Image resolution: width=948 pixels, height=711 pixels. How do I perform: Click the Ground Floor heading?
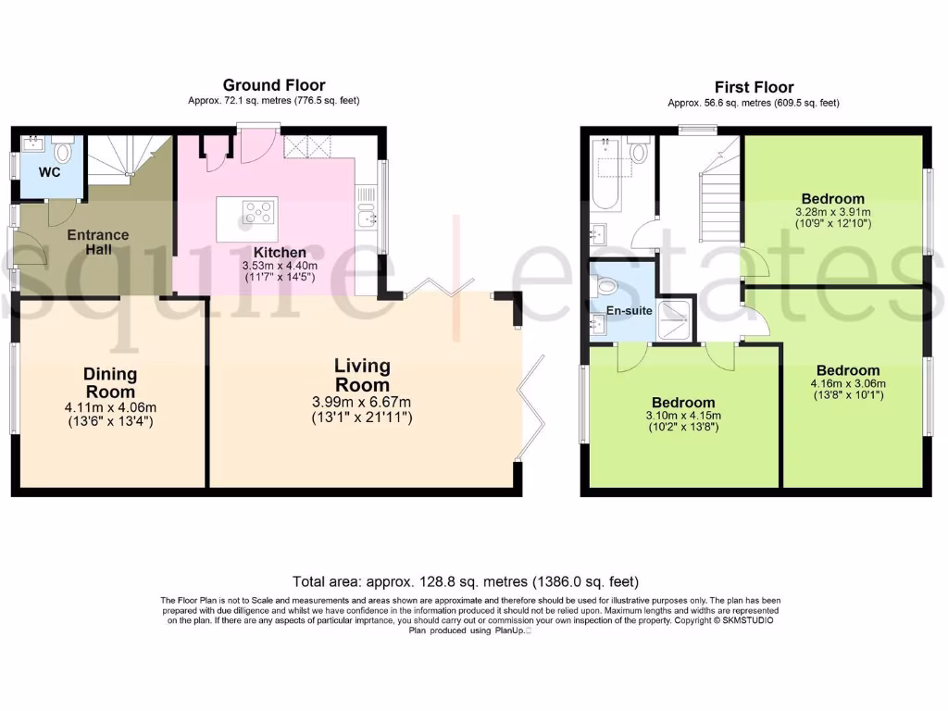pyautogui.click(x=274, y=85)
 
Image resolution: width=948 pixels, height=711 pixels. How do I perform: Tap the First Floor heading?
pyautogui.click(x=754, y=88)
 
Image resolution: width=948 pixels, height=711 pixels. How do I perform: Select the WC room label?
pyautogui.click(x=50, y=172)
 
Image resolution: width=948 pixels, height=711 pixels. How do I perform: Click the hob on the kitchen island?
pyautogui.click(x=257, y=212)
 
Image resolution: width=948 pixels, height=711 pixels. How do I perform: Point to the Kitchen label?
pyautogui.click(x=280, y=252)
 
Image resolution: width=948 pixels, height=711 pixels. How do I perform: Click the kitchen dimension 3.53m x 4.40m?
pyautogui.click(x=280, y=266)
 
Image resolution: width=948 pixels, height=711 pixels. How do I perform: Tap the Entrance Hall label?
pyautogui.click(x=98, y=242)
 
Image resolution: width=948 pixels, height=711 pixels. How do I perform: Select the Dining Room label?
pyautogui.click(x=110, y=382)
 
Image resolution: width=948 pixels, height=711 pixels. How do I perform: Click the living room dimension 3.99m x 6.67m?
pyautogui.click(x=362, y=402)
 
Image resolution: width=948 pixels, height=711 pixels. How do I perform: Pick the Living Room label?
pyautogui.click(x=362, y=375)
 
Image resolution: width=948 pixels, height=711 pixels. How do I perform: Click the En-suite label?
pyautogui.click(x=629, y=311)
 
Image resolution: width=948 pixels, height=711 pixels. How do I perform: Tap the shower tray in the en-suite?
pyautogui.click(x=676, y=319)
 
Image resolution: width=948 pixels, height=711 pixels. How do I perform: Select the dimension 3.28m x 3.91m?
pyautogui.click(x=832, y=212)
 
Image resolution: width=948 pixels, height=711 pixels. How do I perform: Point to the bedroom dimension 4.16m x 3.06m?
pyautogui.click(x=848, y=384)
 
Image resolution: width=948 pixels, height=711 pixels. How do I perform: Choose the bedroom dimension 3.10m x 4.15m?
pyautogui.click(x=683, y=416)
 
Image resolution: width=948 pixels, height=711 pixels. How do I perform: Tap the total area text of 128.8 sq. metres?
pyautogui.click(x=466, y=581)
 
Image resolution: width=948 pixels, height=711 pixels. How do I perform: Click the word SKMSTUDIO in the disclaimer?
pyautogui.click(x=748, y=620)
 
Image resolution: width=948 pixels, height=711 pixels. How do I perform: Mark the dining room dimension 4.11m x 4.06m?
pyautogui.click(x=110, y=408)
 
